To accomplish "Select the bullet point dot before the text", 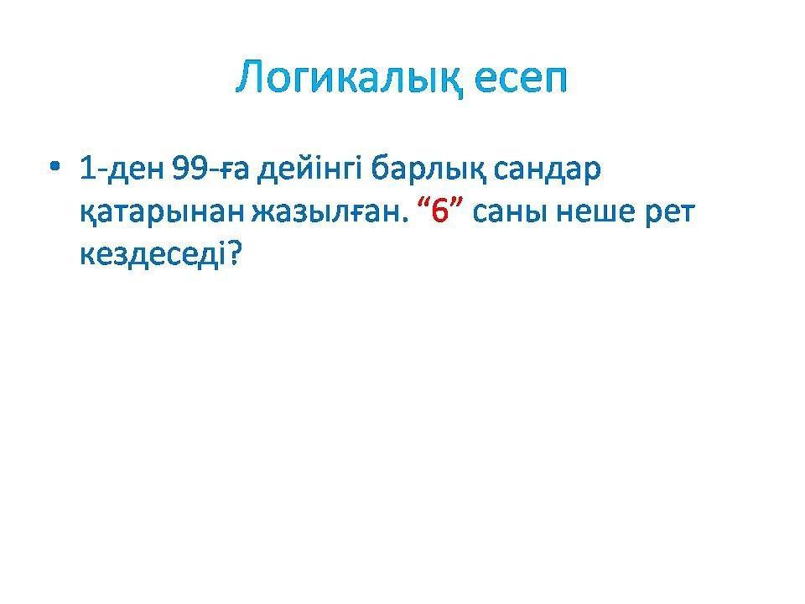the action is [55, 166].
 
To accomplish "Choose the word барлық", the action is [428, 169].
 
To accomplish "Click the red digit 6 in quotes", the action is [441, 211].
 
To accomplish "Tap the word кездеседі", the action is [153, 254].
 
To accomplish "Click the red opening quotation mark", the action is [424, 204].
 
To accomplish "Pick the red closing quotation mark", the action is [457, 204].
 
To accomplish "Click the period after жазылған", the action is [403, 221].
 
